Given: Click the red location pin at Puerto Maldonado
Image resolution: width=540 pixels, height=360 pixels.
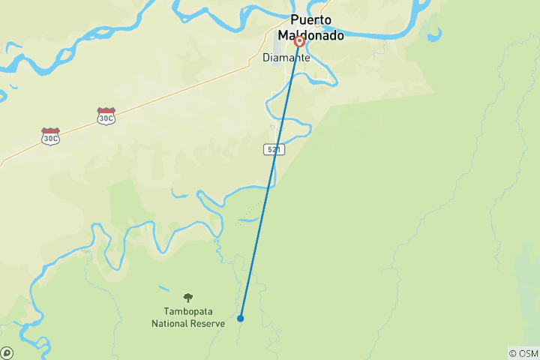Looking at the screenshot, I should [299, 41].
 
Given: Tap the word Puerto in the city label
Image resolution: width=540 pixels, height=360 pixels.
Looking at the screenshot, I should [311, 20].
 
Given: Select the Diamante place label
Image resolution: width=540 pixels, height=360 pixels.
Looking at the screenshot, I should [286, 58].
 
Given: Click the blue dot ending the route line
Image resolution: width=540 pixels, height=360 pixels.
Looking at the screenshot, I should [241, 318].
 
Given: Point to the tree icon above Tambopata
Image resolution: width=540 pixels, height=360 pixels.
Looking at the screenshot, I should [187, 298].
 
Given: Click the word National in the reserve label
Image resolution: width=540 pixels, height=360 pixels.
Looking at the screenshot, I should [169, 324].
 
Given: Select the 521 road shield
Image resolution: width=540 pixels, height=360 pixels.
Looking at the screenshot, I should [274, 150].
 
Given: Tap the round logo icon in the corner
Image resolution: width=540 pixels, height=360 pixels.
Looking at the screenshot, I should [7, 352].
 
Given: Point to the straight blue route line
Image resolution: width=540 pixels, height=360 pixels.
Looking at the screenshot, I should [270, 180].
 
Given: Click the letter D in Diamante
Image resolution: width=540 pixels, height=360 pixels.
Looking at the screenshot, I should [266, 58].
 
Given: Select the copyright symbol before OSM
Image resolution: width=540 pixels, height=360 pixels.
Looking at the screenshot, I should [514, 353].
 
